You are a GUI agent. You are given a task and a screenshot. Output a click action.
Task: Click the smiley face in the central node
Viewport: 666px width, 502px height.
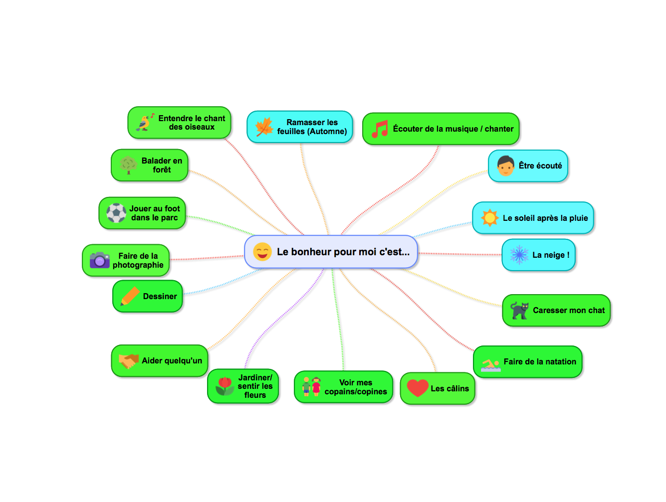[x=262, y=251]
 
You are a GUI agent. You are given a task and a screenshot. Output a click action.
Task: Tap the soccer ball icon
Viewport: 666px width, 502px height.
[x=116, y=213]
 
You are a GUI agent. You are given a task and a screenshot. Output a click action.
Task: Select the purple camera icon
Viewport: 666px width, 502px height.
[x=99, y=260]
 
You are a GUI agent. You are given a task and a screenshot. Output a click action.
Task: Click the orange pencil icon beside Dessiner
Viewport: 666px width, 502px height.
[x=130, y=296]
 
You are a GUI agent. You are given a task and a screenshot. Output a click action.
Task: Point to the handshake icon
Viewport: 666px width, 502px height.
[x=129, y=360]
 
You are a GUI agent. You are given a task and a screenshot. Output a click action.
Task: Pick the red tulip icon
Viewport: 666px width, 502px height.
[x=225, y=385]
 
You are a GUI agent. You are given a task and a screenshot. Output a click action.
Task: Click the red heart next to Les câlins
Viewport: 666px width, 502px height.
[x=418, y=388]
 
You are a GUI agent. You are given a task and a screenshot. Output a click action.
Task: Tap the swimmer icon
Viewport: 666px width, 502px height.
[x=490, y=365]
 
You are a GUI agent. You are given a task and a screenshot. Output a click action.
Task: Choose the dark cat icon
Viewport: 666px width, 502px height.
[x=519, y=310]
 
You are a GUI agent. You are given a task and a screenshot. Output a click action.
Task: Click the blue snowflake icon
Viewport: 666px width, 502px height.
[x=519, y=255]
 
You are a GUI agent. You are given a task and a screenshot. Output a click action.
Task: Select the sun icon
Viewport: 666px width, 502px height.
[x=489, y=218]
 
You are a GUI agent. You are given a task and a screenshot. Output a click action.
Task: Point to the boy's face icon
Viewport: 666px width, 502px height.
[x=505, y=166]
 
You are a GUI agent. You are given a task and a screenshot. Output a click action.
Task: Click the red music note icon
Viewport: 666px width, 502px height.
[x=380, y=129]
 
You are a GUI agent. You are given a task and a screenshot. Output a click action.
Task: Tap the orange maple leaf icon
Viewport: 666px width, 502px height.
[x=264, y=127]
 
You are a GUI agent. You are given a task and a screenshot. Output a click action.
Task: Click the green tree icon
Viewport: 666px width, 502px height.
[x=128, y=165]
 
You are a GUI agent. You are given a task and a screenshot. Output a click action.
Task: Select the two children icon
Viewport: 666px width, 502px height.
[x=311, y=386]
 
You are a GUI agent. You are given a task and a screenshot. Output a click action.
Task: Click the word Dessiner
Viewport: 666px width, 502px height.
[x=160, y=296]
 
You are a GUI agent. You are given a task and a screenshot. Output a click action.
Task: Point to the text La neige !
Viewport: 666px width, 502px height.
[x=551, y=255]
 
